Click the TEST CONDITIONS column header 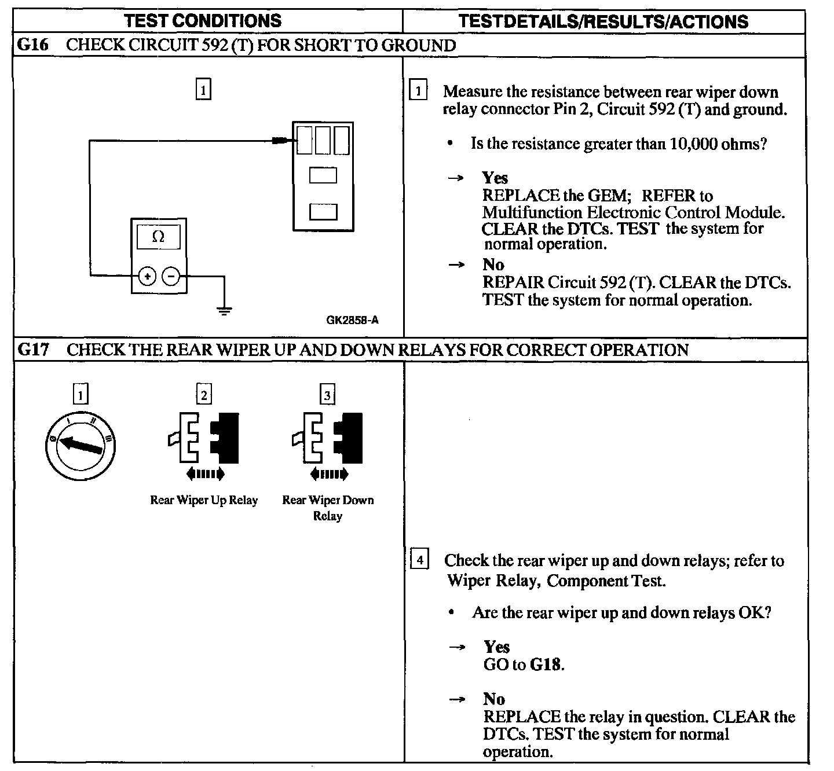(203, 21)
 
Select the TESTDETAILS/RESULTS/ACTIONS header (603, 21)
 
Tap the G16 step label (33, 45)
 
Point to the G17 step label (33, 350)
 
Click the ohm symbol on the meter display (158, 237)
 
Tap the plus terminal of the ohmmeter (148, 277)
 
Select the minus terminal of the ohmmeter (171, 277)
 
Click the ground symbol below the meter (224, 310)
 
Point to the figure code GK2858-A (352, 320)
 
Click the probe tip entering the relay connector (280, 140)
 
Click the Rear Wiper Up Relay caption (204, 500)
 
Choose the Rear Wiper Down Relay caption (328, 507)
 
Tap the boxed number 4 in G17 (419, 560)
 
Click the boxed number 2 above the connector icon (204, 395)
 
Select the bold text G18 (546, 664)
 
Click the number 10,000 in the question (693, 144)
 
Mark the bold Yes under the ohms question (495, 178)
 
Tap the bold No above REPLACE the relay (494, 699)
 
